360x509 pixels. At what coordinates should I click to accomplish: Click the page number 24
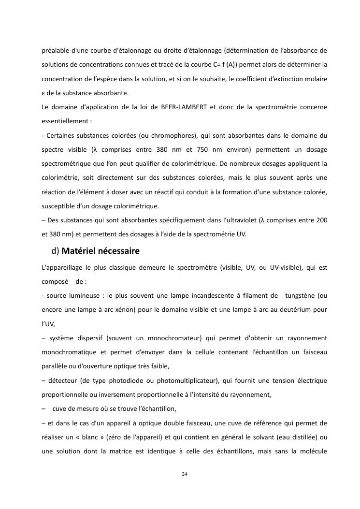[x=184, y=473]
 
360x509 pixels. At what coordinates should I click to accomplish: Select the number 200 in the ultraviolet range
[x=321, y=220]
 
